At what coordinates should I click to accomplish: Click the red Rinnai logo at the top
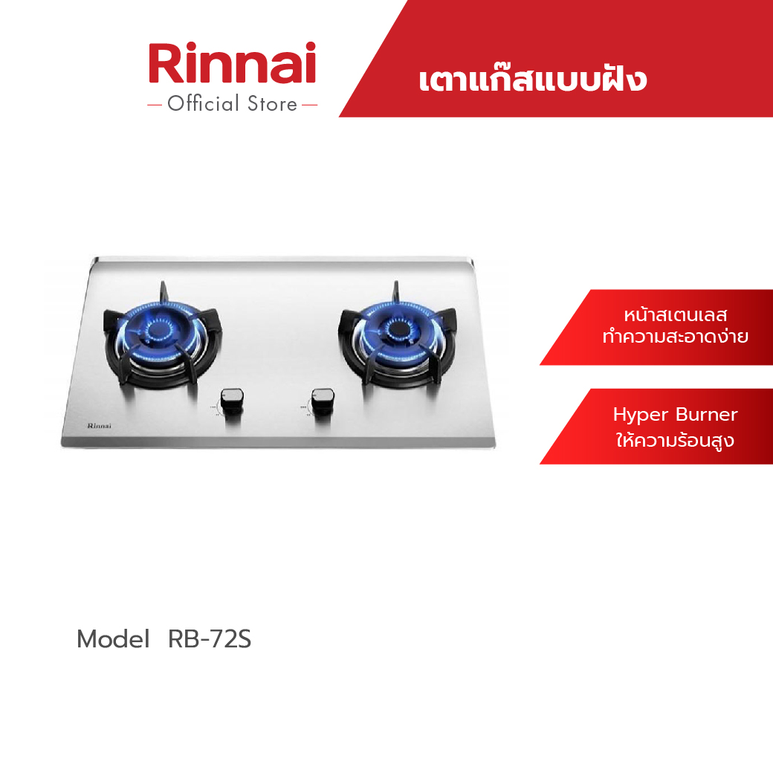coord(232,62)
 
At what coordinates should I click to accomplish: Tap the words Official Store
coord(232,104)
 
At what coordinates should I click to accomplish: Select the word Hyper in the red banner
coord(641,415)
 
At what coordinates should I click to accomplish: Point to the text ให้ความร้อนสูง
coord(675,439)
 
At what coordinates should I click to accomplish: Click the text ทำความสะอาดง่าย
coord(676,336)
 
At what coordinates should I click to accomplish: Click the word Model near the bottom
coord(114,639)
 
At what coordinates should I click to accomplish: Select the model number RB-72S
coord(210,639)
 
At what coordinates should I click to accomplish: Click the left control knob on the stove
coord(232,398)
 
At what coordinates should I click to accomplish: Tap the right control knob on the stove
coord(323,398)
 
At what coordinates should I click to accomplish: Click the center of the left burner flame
coord(159,329)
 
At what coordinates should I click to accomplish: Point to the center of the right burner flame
coord(395,329)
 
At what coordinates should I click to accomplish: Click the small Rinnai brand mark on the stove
coord(99,425)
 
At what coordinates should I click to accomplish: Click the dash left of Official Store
coord(155,105)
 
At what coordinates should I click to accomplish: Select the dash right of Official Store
coord(310,105)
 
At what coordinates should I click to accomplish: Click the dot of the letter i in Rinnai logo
coord(310,48)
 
